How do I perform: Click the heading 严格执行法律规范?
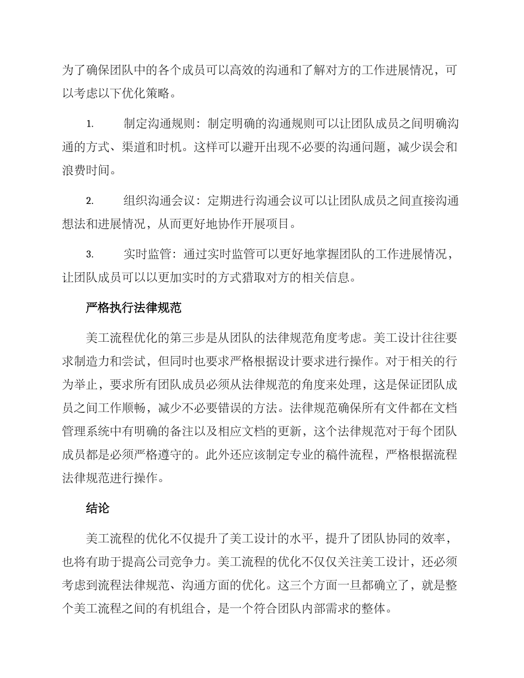[x=134, y=308]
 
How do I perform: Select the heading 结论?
[x=98, y=509]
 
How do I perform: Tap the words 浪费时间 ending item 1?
[x=87, y=170]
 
